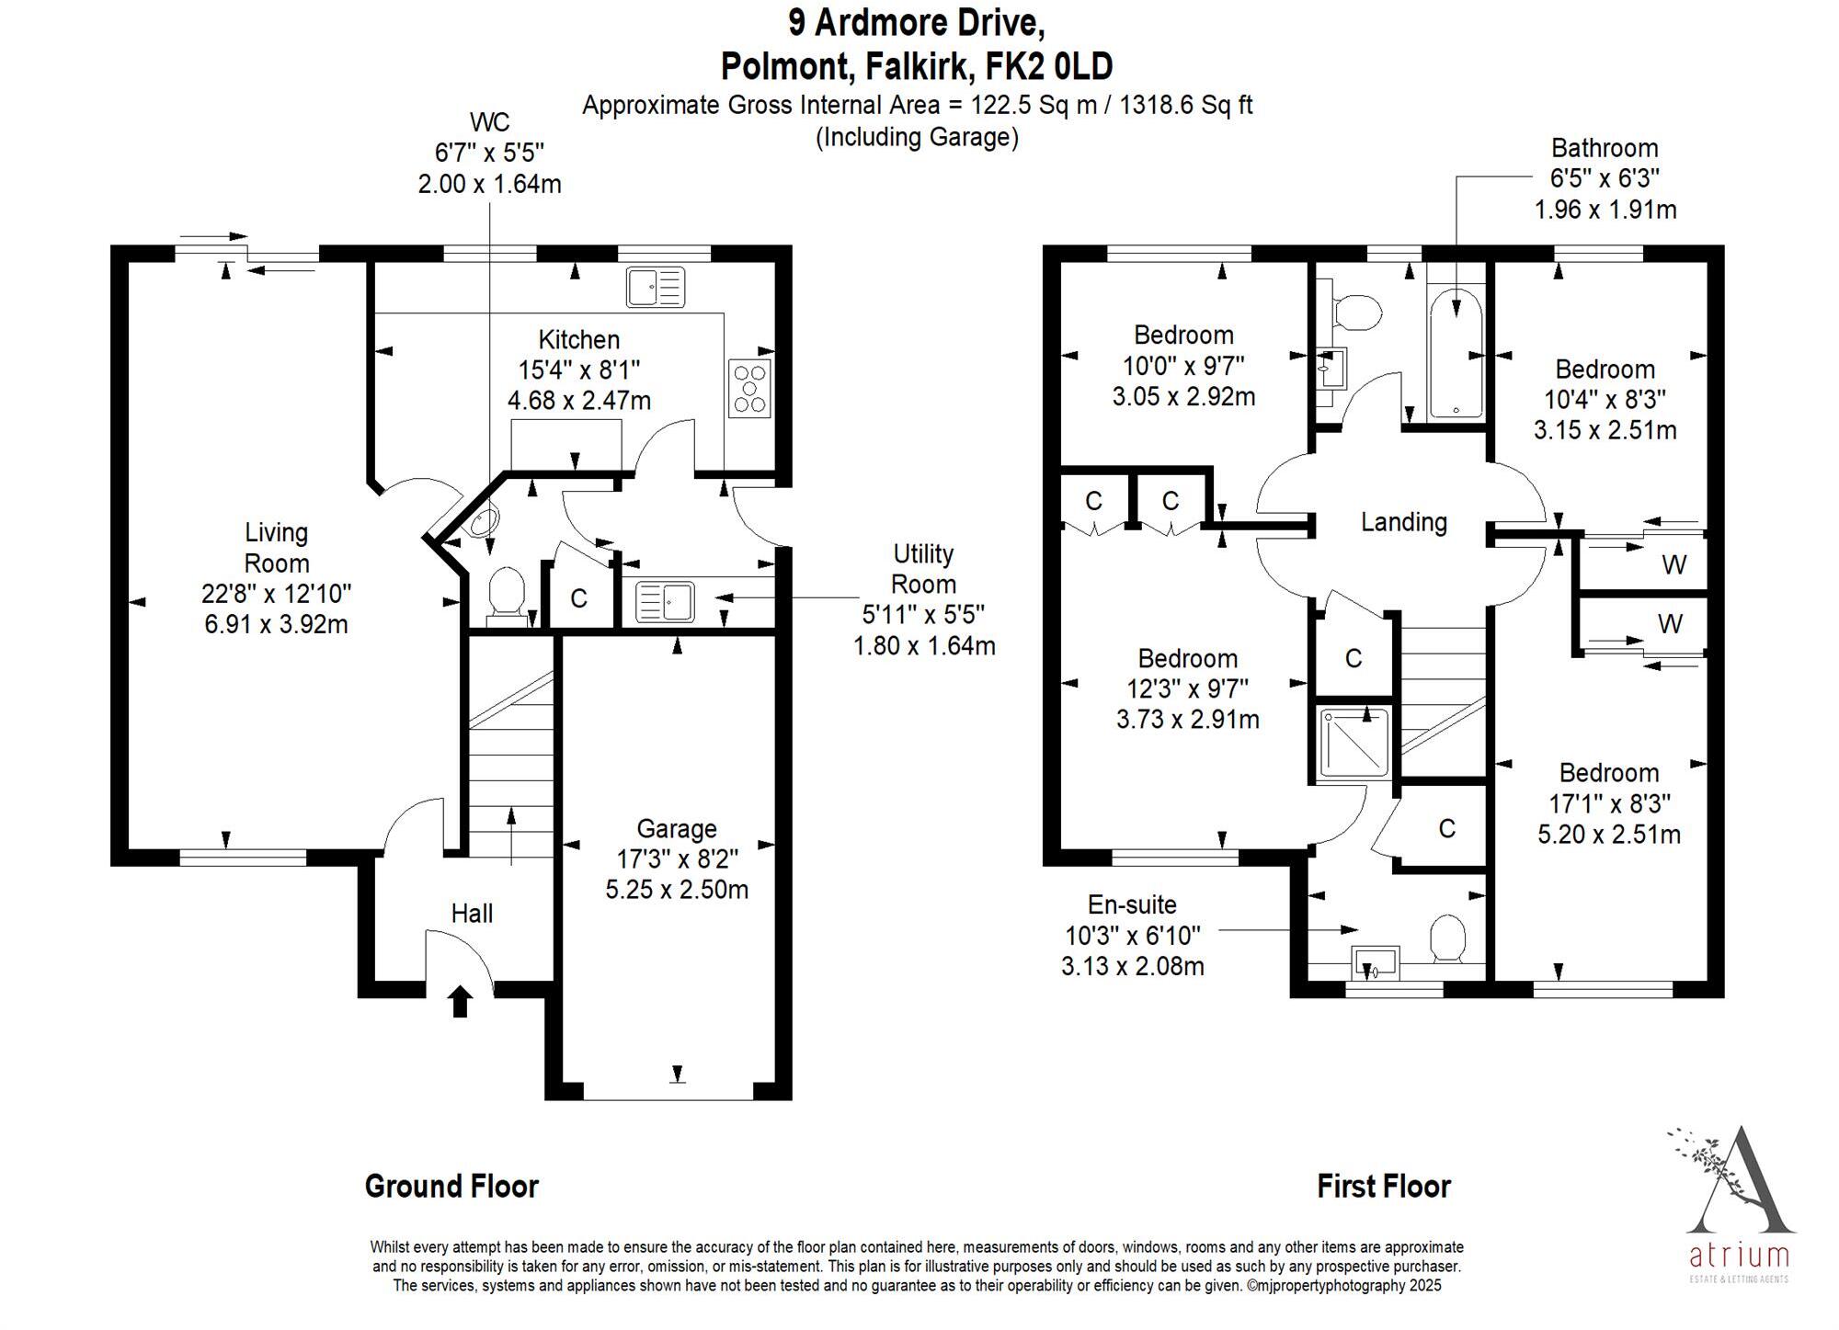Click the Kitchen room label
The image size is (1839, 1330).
coord(579,339)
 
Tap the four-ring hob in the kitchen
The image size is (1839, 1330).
coord(749,388)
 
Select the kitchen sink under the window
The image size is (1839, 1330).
coord(656,287)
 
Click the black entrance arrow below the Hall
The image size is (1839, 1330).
coord(461,1001)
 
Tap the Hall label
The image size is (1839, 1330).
coord(472,913)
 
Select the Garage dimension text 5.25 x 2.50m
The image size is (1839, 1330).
coord(677,890)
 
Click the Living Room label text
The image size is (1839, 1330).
coord(276,548)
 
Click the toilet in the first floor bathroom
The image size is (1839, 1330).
coord(1354,313)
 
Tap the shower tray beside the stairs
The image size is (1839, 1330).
coord(1354,744)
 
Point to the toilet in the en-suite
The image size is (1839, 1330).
coord(1448,938)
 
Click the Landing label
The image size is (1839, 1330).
coord(1404,522)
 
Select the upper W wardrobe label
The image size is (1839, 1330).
coord(1674,564)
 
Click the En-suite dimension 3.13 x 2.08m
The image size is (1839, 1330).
coord(1133,966)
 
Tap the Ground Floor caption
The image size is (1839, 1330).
coord(451,1186)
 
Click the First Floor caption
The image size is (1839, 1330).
coord(1384,1186)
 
